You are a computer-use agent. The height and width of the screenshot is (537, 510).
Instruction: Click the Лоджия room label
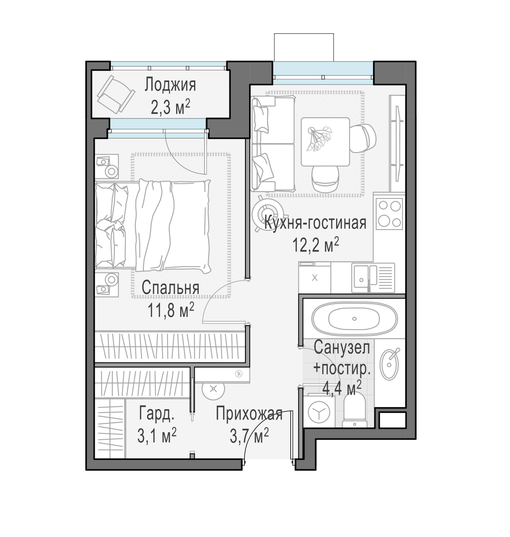tap(170, 85)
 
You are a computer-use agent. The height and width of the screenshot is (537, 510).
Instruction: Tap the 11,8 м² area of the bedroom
tap(171, 310)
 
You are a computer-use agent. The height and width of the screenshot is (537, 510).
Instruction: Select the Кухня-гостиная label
tap(315, 222)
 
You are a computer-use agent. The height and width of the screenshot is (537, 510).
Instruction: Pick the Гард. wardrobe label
tap(156, 413)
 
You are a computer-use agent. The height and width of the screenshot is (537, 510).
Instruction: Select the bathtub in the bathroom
tap(354, 319)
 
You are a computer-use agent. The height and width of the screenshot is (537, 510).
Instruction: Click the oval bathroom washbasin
tap(389, 365)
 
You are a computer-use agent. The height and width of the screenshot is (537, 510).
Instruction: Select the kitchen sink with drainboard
tap(373, 278)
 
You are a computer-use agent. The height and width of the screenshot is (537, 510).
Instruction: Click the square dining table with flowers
tap(325, 142)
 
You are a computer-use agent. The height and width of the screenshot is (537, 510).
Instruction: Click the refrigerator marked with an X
tap(315, 278)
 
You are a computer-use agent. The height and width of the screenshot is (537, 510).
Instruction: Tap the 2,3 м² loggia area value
tap(170, 107)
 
